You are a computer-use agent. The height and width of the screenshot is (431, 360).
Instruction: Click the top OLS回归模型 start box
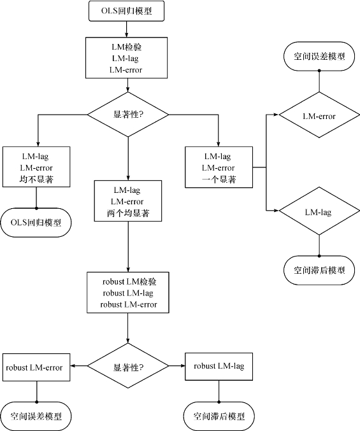tap(127, 11)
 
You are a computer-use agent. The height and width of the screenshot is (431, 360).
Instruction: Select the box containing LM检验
tap(127, 58)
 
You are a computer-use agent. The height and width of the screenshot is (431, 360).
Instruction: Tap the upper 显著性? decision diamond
tap(128, 115)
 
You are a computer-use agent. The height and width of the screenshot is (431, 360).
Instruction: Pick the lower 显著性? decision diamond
tap(128, 366)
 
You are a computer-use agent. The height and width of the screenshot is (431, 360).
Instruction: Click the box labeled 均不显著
tap(36, 167)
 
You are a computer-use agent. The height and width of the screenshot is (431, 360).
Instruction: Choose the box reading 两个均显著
tap(128, 201)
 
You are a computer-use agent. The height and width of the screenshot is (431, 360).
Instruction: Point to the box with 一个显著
tap(219, 167)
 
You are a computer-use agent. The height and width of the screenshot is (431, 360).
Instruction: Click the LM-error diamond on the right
tap(319, 115)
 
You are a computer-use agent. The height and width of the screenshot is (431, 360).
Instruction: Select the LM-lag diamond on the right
tap(319, 211)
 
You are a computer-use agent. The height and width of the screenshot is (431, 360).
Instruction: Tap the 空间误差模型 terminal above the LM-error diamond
tap(319, 57)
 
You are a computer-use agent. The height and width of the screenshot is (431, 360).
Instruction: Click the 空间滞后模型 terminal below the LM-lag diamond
tap(319, 271)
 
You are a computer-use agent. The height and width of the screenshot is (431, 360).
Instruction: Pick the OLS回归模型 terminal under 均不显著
tap(36, 223)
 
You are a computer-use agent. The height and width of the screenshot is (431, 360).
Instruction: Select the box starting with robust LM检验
tap(128, 293)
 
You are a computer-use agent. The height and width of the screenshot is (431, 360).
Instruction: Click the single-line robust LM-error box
tap(36, 367)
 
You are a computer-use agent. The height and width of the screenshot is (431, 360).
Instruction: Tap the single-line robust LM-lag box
tap(219, 367)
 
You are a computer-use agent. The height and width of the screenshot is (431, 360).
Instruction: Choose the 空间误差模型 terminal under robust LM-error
tap(36, 416)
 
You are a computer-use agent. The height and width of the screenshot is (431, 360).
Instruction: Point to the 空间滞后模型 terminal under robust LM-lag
tap(219, 416)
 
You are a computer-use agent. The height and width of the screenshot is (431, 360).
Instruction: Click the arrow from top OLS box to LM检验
tap(127, 29)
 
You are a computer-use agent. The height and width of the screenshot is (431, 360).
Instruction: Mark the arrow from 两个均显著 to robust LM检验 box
tap(128, 247)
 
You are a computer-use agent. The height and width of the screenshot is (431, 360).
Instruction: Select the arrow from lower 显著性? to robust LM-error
tap(79, 366)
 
